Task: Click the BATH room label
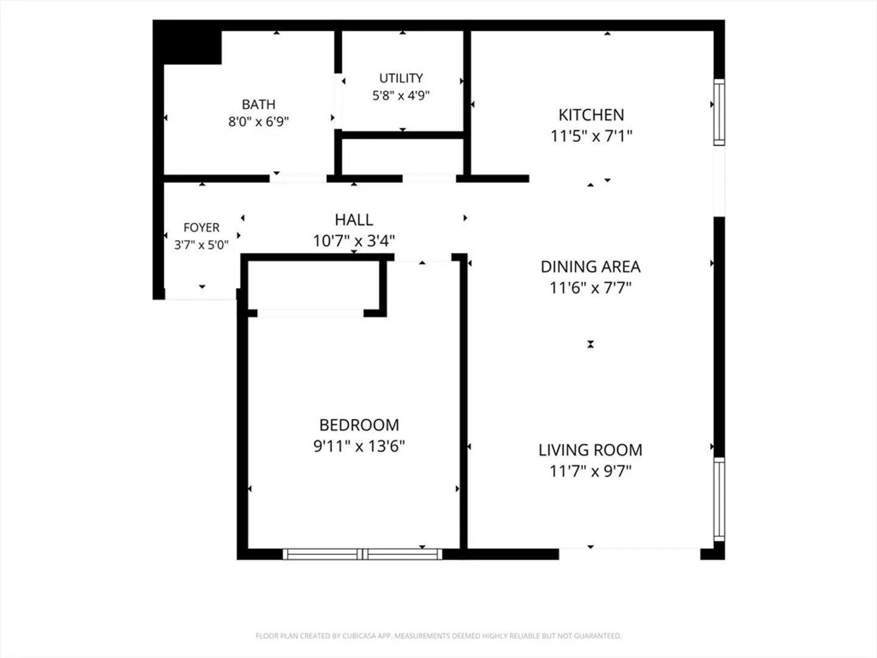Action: tap(258, 105)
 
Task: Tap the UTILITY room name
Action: tap(401, 79)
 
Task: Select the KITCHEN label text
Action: tap(591, 115)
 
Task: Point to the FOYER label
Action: tap(202, 228)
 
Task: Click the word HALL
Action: tap(354, 220)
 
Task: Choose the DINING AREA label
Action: tap(591, 267)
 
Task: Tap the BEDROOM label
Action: tap(359, 425)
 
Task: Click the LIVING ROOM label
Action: tap(591, 450)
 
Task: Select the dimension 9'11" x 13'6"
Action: tap(359, 446)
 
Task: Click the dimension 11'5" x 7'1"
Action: tap(591, 136)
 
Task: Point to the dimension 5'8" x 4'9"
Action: tap(401, 96)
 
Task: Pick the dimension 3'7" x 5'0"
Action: tap(202, 245)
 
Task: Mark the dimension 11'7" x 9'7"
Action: tap(591, 471)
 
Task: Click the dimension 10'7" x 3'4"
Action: tap(354, 241)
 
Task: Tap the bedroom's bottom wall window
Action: tap(362, 554)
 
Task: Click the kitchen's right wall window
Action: tap(719, 112)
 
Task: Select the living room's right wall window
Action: tap(719, 500)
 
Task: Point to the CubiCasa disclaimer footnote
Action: tap(438, 635)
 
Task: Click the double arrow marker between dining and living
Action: tap(591, 344)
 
